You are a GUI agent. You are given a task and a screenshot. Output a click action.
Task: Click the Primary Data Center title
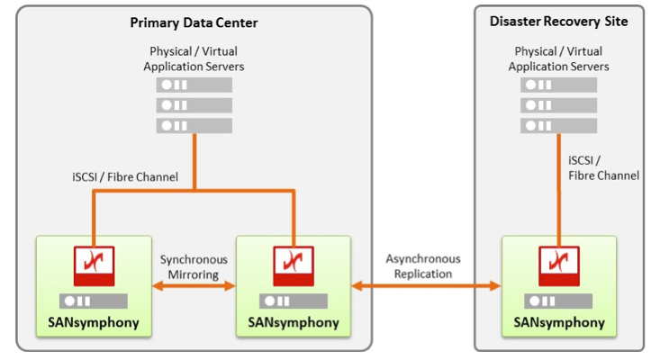(194, 22)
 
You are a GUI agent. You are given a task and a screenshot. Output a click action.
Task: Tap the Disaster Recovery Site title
(558, 21)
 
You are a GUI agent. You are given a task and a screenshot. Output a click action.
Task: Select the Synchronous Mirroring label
(194, 266)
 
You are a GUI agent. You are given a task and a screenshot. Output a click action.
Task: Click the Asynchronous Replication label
(423, 266)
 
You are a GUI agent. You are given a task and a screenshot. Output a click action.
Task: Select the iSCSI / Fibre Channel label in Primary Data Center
(125, 177)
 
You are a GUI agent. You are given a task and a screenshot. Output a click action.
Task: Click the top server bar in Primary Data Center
(194, 85)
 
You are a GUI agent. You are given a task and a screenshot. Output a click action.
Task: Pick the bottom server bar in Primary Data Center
(194, 125)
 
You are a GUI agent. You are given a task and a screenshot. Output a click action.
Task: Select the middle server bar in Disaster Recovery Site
(558, 105)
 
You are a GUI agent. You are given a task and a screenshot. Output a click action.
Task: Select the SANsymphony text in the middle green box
(293, 322)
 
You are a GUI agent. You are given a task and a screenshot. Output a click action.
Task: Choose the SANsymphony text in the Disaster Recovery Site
(558, 321)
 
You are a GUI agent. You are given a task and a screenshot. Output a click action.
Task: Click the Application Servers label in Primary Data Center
(194, 59)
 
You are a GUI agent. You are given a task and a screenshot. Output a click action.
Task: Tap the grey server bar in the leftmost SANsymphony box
(94, 301)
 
